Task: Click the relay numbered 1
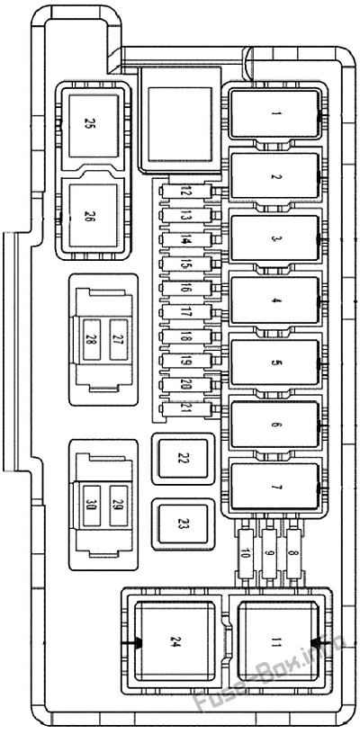[x=275, y=114]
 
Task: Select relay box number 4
[x=275, y=301]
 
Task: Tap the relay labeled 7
[x=275, y=488]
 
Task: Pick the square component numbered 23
[x=183, y=524]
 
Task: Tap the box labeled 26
[x=89, y=216]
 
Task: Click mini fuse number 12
[x=186, y=192]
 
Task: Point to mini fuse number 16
[x=186, y=288]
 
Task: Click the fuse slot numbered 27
[x=117, y=339]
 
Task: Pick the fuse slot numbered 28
[x=91, y=339]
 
